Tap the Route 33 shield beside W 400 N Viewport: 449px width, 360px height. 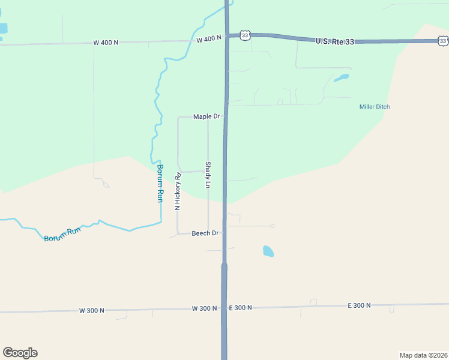point(244,35)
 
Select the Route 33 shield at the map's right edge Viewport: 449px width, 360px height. point(442,40)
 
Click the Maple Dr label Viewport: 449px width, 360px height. point(206,116)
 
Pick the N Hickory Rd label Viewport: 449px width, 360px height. point(178,191)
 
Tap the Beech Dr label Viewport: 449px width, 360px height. point(205,233)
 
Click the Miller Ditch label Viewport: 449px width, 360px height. point(375,107)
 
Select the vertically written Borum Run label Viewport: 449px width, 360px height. point(160,183)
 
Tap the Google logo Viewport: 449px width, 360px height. point(20,352)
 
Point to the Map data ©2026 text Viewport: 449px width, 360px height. point(423,355)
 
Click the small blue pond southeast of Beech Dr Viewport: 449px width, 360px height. point(268,251)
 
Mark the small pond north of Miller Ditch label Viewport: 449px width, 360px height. point(341,78)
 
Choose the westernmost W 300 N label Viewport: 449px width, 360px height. point(91,311)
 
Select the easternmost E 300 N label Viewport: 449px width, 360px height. point(359,305)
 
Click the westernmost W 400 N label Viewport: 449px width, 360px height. point(106,43)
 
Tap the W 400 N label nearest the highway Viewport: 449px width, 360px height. point(209,38)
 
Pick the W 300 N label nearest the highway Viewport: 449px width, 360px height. point(204,308)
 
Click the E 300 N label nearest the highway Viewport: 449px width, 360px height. point(241,307)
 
